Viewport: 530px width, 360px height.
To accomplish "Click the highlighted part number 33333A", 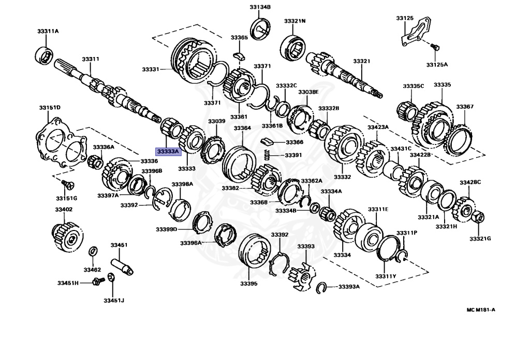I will point(168,151).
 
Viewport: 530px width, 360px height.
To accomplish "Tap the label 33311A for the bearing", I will point(48,32).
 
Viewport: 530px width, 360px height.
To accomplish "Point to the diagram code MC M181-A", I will point(481,310).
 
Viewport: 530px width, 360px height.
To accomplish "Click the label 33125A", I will point(437,65).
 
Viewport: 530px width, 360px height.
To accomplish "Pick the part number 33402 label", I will point(64,209).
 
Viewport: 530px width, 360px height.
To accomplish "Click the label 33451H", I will point(68,283).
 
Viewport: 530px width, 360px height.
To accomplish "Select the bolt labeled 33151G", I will point(66,184).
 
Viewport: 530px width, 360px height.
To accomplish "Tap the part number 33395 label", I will point(248,283).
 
